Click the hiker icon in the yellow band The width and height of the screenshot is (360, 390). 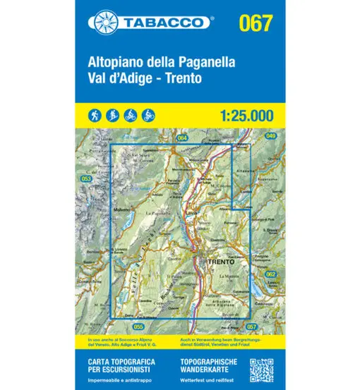point(95,114)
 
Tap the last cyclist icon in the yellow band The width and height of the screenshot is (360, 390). point(148,114)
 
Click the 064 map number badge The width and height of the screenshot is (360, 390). point(182,138)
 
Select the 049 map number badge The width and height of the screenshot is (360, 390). point(251,135)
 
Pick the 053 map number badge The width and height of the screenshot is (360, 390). point(88,180)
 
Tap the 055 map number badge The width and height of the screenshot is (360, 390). point(138,327)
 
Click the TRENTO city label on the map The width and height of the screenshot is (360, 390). point(221,262)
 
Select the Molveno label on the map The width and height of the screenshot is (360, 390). point(124,209)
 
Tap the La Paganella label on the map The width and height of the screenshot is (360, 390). point(160,213)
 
